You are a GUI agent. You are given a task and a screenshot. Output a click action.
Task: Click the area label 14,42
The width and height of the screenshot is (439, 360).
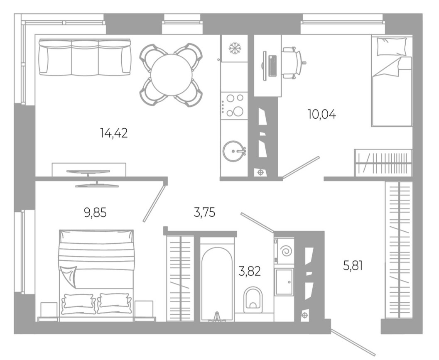click(113, 133)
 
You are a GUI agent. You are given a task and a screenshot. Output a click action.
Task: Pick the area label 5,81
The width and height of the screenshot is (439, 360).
click(353, 264)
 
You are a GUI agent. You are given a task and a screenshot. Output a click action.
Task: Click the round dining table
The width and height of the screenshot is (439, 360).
click(171, 75)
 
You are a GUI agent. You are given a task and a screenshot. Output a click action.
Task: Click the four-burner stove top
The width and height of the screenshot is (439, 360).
click(234, 105)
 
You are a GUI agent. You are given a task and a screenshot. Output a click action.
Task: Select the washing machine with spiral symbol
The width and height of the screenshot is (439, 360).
click(284, 251)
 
